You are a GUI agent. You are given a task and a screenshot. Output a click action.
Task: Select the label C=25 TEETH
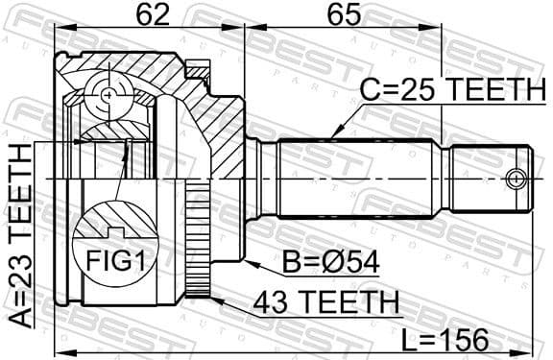point(452,92)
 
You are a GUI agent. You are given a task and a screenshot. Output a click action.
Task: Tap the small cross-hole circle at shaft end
point(517,179)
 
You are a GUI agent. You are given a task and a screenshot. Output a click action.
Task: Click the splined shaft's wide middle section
point(360,180)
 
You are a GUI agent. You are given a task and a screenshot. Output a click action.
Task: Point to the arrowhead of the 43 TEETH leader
point(208,297)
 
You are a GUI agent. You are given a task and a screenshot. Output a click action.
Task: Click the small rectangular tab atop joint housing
point(198,68)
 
